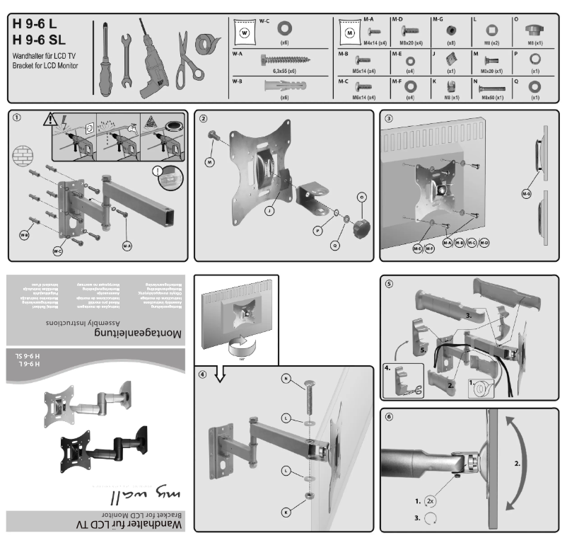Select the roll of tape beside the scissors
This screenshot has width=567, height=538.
tap(208, 49)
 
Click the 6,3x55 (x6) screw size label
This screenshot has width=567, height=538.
tap(284, 72)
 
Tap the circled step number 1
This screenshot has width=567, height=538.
tap(16, 118)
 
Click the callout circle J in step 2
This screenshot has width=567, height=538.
tap(271, 211)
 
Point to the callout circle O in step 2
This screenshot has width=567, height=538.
tap(361, 195)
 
